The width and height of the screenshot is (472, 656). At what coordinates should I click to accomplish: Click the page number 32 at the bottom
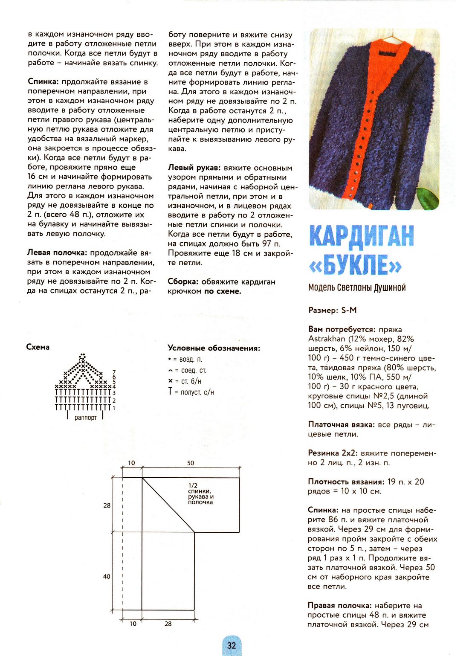(232, 645)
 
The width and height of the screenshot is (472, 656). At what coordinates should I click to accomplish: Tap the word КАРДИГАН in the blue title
(361, 235)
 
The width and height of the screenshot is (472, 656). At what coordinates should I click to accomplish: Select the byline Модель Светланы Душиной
(357, 288)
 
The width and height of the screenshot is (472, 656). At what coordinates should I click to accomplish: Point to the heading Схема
(38, 347)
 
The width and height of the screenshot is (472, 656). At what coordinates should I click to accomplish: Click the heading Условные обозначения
(214, 348)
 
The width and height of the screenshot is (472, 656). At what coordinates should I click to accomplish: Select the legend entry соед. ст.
(188, 370)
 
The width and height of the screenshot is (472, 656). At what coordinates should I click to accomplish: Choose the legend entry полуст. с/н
(191, 392)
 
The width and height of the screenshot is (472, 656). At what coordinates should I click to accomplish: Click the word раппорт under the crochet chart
(85, 418)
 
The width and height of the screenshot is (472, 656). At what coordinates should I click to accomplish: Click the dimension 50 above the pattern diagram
(191, 463)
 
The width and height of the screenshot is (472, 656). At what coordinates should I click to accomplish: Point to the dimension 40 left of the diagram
(107, 576)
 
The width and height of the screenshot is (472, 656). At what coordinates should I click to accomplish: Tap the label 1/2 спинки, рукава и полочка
(200, 494)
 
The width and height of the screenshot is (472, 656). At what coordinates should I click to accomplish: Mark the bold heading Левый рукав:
(194, 168)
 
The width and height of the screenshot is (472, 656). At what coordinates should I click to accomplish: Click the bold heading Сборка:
(183, 282)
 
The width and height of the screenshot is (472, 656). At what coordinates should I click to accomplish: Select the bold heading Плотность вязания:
(346, 482)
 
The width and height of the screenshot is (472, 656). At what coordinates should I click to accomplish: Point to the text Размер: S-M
(332, 311)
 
